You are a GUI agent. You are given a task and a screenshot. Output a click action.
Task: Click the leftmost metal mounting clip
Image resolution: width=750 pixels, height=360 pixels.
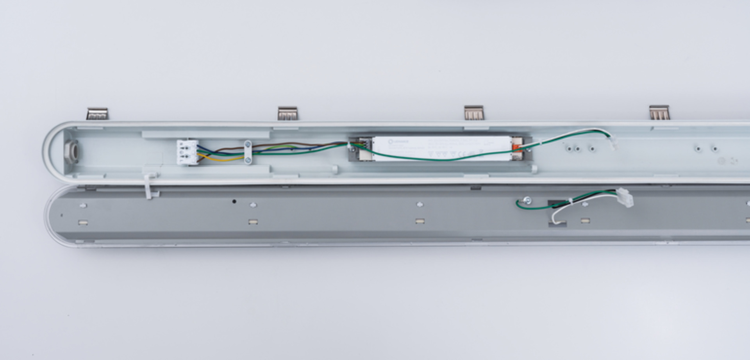point(97,114)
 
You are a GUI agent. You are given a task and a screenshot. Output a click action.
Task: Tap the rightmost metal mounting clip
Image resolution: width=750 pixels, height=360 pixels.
point(659,112)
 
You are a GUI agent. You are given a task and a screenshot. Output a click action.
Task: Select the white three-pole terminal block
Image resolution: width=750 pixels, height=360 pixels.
point(187,152)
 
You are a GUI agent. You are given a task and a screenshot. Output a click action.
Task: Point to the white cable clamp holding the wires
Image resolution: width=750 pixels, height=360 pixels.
point(248,152)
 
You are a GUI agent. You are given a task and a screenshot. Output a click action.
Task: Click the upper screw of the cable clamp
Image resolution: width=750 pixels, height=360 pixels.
point(248,145)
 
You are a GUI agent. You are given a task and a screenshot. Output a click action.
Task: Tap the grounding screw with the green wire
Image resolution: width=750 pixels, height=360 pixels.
point(527,200)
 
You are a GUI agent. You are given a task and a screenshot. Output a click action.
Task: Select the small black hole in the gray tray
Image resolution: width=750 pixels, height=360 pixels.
point(234,201)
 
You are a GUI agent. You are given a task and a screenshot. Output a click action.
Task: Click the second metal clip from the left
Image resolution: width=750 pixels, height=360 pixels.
point(287,113)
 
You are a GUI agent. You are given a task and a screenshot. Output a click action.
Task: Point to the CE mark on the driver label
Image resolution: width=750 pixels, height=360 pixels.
point(461,154)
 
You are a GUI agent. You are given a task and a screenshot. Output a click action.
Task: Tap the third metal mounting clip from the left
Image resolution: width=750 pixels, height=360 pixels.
point(473,112)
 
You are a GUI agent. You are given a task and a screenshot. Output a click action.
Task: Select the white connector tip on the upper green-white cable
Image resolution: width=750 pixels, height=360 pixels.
point(613,143)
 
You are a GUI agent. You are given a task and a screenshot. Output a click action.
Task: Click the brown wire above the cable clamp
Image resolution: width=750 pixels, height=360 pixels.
point(273,144)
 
